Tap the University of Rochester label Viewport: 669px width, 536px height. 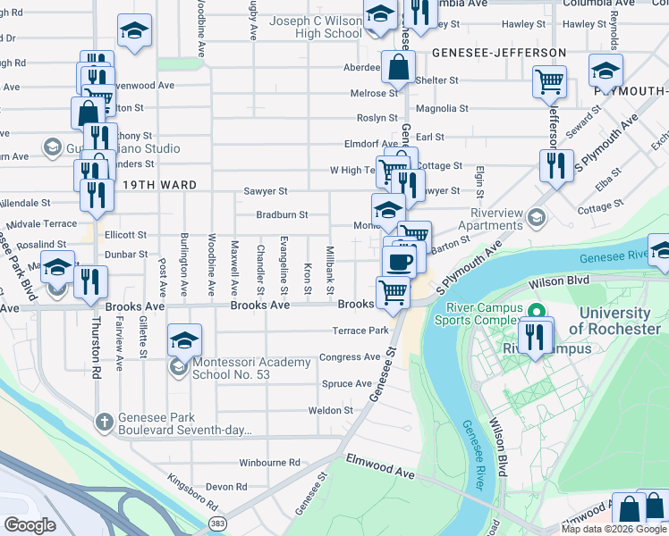point(614,321)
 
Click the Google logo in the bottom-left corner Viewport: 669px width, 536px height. point(30,525)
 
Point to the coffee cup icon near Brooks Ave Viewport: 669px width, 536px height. point(400,261)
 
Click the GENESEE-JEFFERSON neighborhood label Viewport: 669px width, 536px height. point(499,53)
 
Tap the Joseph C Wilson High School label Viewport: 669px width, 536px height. point(303,27)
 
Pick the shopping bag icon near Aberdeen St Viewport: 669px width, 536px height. point(398,66)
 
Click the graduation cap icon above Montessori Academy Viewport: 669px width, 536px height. point(184,339)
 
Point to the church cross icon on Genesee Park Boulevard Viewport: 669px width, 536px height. point(105,421)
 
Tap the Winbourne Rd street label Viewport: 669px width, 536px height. point(269,463)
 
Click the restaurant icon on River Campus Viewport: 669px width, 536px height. point(535,336)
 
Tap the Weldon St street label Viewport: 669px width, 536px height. point(331,410)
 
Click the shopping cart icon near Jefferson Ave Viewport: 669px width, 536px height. point(549,81)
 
